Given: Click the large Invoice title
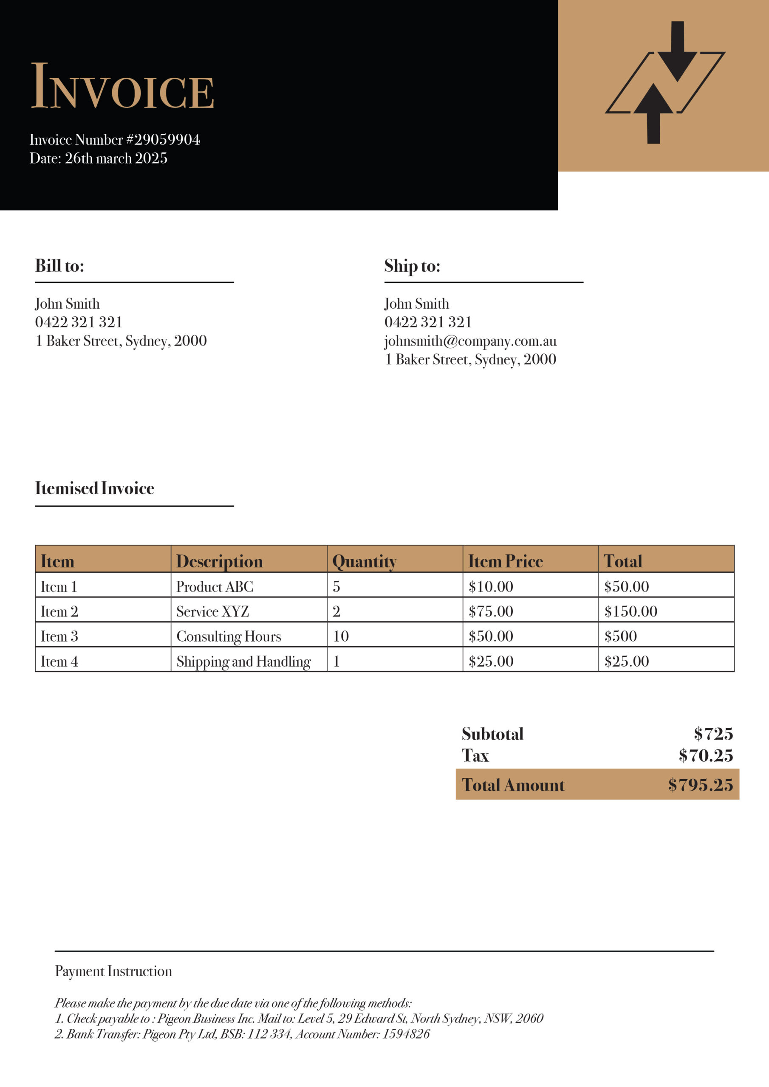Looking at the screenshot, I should click(122, 87).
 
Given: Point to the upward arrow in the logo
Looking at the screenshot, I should click(653, 114).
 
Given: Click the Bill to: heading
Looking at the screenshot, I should click(60, 266).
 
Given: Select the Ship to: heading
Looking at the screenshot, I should click(412, 266).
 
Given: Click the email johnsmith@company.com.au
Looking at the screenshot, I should click(470, 341).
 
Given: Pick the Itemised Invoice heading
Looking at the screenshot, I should click(95, 488).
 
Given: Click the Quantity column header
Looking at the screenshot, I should click(365, 561).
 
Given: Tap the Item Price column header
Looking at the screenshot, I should click(505, 561).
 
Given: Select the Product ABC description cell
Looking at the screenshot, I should click(215, 586).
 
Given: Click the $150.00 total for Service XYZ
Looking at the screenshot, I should click(630, 611).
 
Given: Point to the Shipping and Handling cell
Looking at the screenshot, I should click(243, 662).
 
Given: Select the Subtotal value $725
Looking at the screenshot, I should click(713, 734).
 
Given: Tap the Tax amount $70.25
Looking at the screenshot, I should click(706, 756).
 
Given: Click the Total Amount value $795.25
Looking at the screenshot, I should click(700, 785).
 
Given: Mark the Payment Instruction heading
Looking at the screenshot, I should click(113, 971).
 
